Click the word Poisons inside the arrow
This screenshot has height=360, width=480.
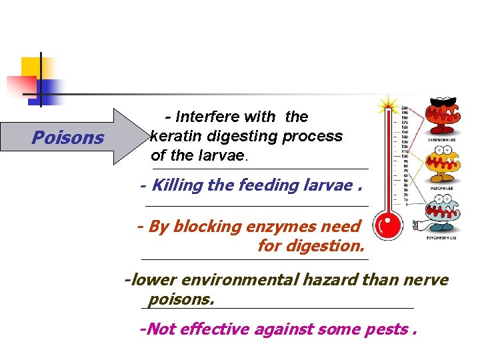tap(68, 138)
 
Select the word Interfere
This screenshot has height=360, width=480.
tap(208, 117)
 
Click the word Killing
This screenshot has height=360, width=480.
tap(177, 185)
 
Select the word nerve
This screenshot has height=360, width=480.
tap(426, 280)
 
